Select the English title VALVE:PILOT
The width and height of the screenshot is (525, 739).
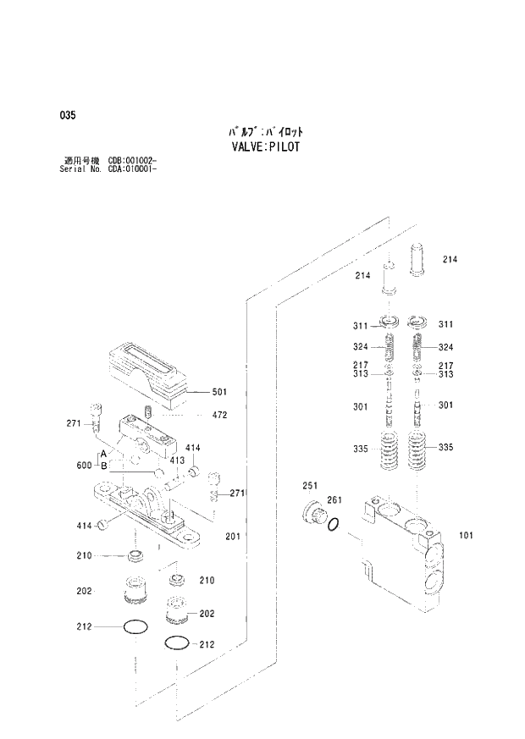coord(265,146)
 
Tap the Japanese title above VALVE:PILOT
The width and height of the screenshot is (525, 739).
coord(265,131)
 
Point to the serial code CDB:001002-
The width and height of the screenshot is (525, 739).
coord(132,160)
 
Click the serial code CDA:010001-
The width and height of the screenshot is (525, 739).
coord(132,168)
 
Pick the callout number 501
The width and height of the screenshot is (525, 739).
coord(219,392)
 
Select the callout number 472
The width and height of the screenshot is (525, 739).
coord(219,416)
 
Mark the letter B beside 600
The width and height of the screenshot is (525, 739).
coord(103,466)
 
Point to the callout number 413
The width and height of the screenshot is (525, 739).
coord(176,460)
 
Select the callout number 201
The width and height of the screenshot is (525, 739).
coord(233,535)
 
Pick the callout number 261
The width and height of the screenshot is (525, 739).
coord(334,500)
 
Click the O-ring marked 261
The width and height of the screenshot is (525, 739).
coord(334,526)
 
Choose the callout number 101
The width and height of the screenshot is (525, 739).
coord(466,535)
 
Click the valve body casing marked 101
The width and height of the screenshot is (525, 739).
coord(398,550)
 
